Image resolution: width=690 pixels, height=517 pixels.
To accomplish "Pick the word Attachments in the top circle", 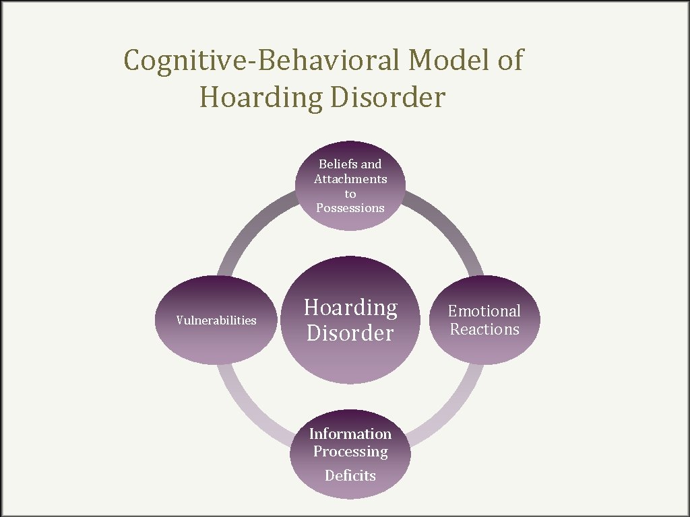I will point(350,179).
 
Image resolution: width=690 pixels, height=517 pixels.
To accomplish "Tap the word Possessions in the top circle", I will point(350,208).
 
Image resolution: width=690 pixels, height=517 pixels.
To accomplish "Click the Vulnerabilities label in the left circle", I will point(216,320).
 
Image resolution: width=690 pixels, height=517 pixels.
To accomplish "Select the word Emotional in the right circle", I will point(484,311).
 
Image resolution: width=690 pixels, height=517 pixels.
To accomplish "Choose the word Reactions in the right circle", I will point(484,329).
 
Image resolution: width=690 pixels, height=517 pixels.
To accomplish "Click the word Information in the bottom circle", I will point(350,434).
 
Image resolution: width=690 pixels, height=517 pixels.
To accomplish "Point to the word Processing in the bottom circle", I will point(350,452).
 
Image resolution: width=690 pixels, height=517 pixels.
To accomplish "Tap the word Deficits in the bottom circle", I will point(350,475).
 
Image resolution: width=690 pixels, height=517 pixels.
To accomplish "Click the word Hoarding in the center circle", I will point(350,308).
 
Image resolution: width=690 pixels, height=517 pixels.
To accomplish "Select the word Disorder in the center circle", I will point(350,333).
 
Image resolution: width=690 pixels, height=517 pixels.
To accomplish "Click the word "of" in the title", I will point(509,61).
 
